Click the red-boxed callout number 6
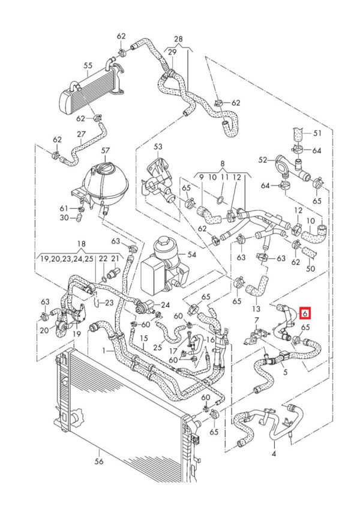point(305,313)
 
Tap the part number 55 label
point(88,65)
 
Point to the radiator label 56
point(100,461)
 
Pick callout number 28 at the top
point(178,39)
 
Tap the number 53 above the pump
point(158,146)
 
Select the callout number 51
point(318,133)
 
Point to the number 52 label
point(263,160)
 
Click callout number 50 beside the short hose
point(310,268)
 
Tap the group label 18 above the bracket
point(83,245)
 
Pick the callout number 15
point(144,339)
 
